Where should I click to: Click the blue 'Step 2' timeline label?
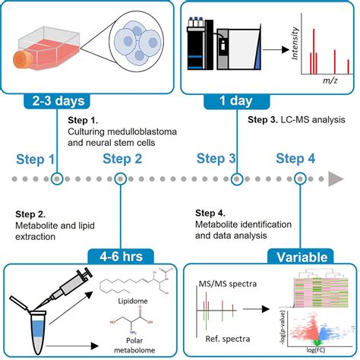pos(122,159)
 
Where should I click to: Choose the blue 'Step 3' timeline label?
pos(216,159)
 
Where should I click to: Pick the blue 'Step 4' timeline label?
pos(295,159)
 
